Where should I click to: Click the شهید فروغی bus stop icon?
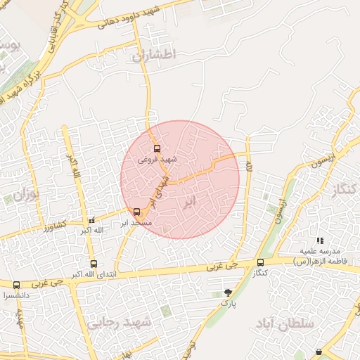tap(157, 148)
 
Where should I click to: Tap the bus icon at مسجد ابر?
tap(136, 212)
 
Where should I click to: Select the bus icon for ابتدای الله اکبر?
tap(94, 264)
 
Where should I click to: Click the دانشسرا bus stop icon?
tap(16, 285)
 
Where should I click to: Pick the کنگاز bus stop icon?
tap(260, 263)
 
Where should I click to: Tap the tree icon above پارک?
tap(227, 292)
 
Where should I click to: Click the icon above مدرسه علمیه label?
tap(321, 241)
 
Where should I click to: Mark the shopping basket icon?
tap(319, 352)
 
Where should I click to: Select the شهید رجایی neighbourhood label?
tap(120, 323)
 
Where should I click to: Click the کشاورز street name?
tap(53, 225)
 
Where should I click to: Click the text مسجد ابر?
tap(134, 223)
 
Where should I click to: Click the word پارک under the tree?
tap(226, 303)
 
